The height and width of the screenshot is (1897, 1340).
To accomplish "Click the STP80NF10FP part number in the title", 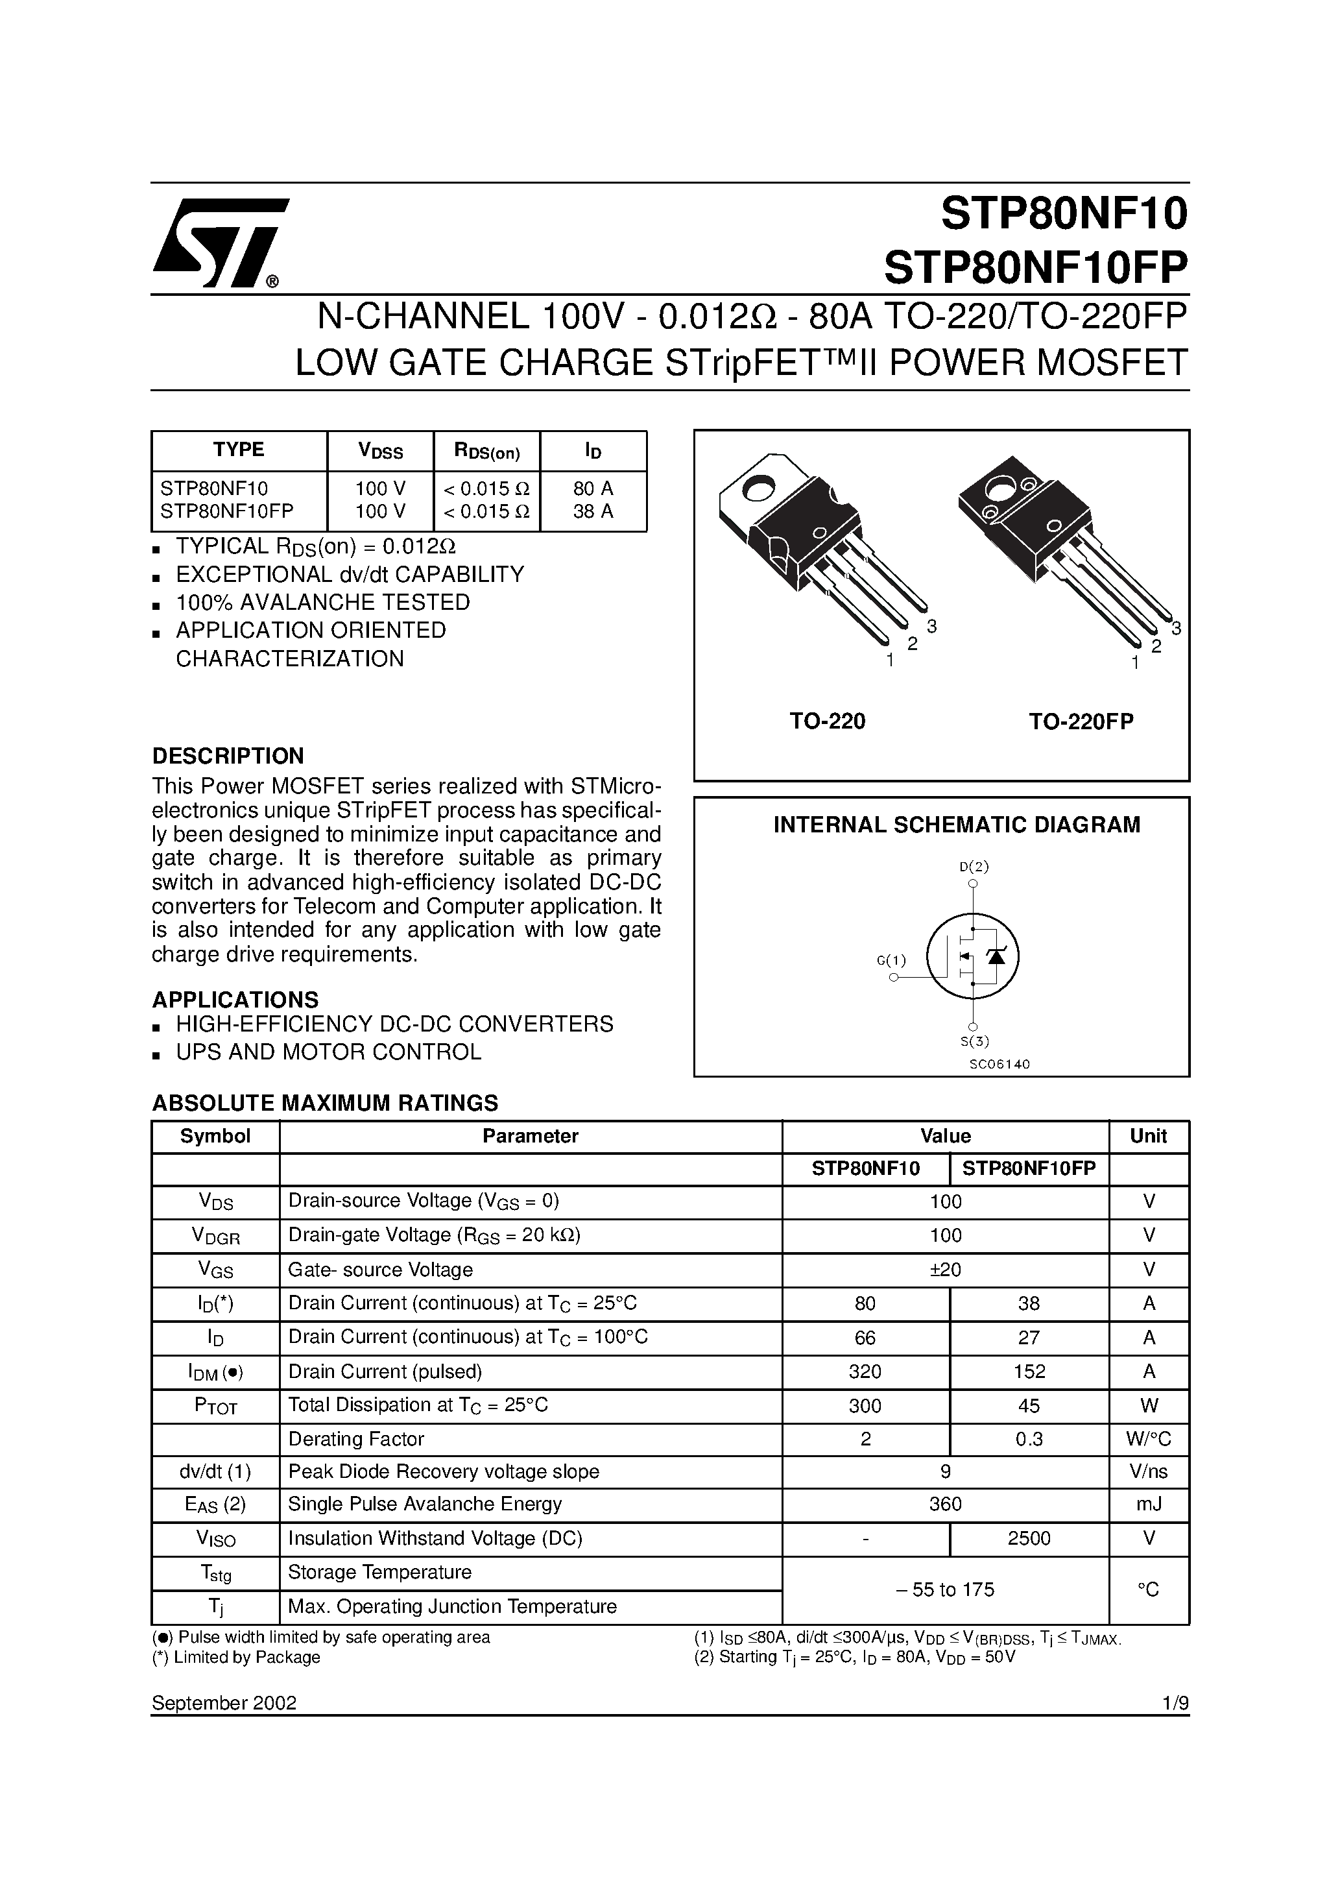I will point(1035,267).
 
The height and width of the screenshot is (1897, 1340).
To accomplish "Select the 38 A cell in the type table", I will point(593,511).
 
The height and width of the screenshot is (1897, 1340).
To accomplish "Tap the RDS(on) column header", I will point(486,451).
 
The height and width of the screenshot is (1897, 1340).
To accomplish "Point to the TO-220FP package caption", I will point(1081,721).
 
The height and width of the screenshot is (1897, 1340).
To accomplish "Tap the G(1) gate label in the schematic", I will point(891,960).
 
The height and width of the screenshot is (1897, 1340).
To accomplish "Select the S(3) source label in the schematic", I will point(974,1042).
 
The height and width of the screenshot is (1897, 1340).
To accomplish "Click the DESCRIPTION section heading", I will point(228,756).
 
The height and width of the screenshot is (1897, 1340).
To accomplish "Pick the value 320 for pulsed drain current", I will point(865,1371).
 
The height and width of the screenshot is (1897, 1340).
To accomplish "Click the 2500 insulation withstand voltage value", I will point(1029,1538).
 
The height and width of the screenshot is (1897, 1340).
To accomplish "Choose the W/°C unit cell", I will point(1148,1438).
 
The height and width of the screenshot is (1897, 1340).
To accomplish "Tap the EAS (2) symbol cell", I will point(215,1504).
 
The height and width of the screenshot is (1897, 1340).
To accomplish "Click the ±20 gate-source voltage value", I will point(945,1269).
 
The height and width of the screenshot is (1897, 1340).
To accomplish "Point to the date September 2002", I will point(224,1703).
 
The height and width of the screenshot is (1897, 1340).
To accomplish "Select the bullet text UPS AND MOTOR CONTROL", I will point(328,1052).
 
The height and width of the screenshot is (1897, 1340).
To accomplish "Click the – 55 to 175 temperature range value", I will point(945,1589).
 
